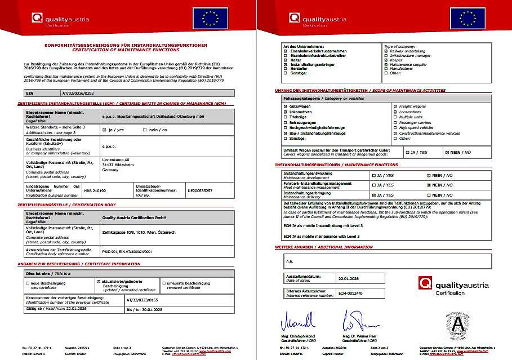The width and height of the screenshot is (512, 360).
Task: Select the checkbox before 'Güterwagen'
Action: point(286,106)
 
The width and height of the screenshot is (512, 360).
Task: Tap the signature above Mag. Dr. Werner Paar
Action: point(353,323)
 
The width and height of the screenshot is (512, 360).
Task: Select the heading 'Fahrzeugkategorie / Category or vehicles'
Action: point(317,99)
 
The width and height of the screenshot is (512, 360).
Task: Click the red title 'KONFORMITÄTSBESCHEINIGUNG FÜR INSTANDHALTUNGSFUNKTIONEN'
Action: point(126,45)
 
